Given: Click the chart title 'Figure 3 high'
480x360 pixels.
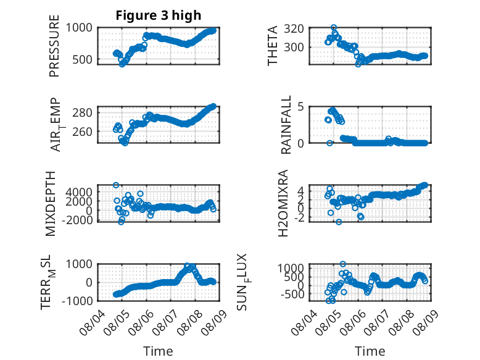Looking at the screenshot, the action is (x=159, y=15).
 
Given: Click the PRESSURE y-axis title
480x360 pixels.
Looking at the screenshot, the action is (x=54, y=46).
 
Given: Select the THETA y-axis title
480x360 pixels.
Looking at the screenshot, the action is (x=272, y=46).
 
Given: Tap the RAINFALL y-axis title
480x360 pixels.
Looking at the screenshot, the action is (x=285, y=125).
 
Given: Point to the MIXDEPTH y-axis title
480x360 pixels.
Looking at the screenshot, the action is (x=51, y=204).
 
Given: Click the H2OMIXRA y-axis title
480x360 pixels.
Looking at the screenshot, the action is (x=283, y=203).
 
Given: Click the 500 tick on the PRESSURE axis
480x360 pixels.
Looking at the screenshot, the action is (x=82, y=59).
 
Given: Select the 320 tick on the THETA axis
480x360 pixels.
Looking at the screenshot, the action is (x=294, y=29).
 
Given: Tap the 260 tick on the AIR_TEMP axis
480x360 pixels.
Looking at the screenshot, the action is (x=82, y=132).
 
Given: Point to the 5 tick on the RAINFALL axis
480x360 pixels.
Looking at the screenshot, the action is (x=300, y=107).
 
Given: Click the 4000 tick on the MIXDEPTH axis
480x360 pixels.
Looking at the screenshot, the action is (x=79, y=193).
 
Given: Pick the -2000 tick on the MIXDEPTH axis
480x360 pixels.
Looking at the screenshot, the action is (x=77, y=220).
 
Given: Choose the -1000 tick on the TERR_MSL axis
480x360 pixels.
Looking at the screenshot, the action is (x=77, y=301).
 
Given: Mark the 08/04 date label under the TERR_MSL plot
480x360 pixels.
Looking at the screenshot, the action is (x=92, y=323).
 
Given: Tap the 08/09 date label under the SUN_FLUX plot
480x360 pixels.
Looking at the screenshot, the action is (x=425, y=323).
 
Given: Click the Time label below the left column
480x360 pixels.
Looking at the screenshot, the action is (x=159, y=351).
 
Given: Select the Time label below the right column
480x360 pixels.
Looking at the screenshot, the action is (x=370, y=351).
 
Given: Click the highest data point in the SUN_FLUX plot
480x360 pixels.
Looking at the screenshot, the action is (x=343, y=264).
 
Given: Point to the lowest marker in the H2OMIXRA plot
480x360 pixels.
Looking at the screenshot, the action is (x=339, y=222).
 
